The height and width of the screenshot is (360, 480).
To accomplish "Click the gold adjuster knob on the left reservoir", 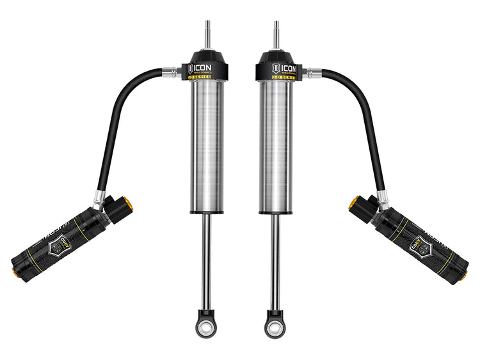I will point(129,206).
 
